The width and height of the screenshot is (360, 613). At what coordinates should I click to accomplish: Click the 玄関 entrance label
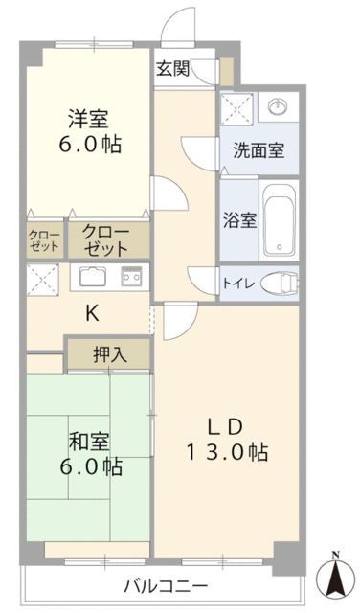pos(172,68)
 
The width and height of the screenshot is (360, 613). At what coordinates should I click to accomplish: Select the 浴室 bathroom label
pos(239,219)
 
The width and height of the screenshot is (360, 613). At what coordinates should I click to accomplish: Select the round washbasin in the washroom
pos(278,106)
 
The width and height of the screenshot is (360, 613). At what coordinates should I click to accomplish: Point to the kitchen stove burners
pos(131,278)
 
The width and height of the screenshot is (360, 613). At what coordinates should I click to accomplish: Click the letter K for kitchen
pos(92,312)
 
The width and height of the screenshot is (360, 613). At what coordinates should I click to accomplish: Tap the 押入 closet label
pos(108,354)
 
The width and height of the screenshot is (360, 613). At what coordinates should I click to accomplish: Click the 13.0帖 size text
pos(226,451)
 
